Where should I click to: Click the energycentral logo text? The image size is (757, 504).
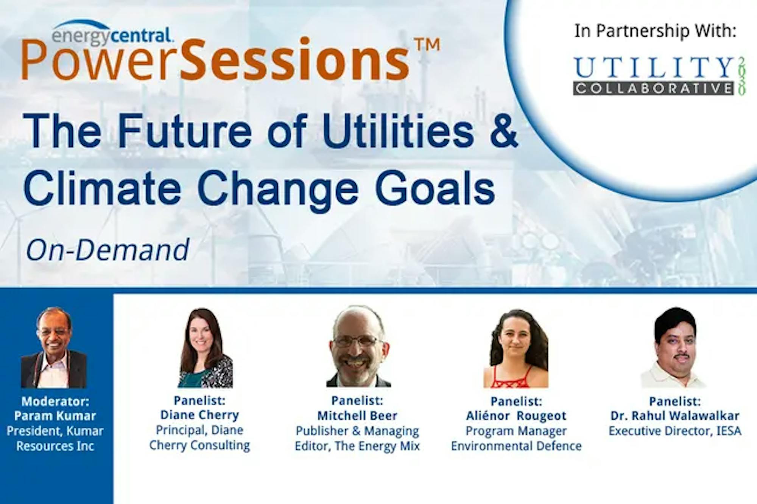click(113, 35)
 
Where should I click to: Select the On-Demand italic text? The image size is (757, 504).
click(107, 250)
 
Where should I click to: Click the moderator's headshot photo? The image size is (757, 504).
click(54, 347)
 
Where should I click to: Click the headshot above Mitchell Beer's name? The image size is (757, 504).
click(358, 346)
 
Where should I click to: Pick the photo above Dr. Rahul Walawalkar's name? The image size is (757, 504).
click(674, 347)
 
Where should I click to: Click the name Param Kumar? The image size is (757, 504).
click(55, 415)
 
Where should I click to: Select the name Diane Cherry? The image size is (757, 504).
click(200, 415)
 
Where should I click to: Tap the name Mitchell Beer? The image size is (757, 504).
click(357, 415)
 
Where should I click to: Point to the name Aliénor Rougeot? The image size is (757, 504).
click(516, 415)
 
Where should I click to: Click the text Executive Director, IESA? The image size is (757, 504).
click(675, 431)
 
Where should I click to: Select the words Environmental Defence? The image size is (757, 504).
click(516, 446)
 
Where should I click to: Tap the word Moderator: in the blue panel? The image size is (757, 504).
click(55, 401)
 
